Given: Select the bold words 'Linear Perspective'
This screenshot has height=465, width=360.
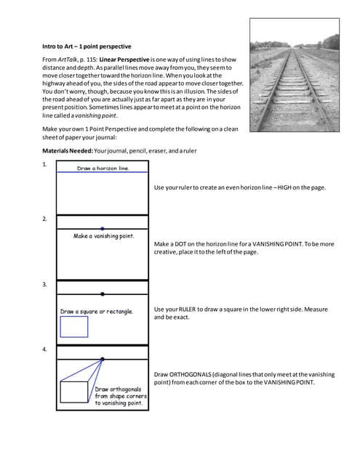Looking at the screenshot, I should pos(106,58).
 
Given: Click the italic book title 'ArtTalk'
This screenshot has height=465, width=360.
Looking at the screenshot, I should pos(71,58).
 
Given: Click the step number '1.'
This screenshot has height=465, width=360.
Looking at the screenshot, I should pos(45,165).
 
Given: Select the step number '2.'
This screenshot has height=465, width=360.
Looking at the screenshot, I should pos(45,219).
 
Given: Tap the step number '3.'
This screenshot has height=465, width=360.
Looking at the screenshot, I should pos(45,285).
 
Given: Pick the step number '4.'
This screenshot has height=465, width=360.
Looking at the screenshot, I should pos(45,350).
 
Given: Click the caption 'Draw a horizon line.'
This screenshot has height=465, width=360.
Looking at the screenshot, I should pos(103,169).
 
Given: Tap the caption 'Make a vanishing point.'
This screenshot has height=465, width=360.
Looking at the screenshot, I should pos(103,236).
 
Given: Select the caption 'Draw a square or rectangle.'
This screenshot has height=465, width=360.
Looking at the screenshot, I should pos(97,311).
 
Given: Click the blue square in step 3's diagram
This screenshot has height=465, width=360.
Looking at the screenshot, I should pos(73,327).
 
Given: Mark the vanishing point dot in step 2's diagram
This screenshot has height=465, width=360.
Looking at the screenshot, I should pos(103,228).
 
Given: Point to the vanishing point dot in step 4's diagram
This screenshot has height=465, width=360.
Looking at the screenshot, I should pos(103,360).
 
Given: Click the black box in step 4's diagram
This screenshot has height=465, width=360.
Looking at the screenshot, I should pos(73,392).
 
